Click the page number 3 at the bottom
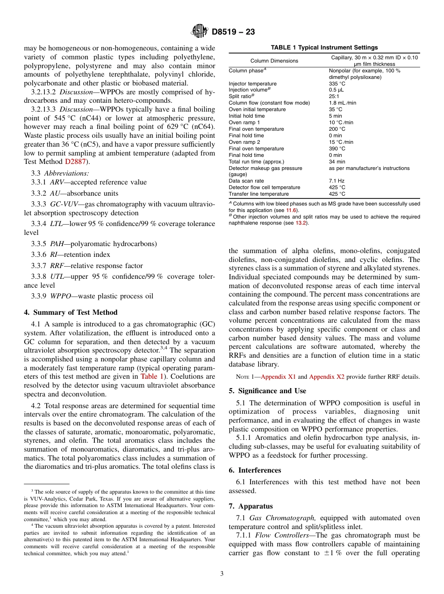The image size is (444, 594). point(222,573)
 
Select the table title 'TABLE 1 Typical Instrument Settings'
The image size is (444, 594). point(324,48)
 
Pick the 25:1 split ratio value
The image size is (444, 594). point(334,97)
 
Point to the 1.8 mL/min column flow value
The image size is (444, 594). point(342,103)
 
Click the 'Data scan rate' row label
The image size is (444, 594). point(246,181)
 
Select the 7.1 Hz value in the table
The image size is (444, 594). point(336,181)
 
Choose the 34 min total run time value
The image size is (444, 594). point(337,162)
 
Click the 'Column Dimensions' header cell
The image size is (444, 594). point(274,61)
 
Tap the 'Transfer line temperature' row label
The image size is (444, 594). point(258,194)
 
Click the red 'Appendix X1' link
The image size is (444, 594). point(278,377)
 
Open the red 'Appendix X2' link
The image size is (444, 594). point(327,377)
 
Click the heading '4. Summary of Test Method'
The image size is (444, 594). point(71,312)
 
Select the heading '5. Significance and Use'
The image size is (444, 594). point(267,391)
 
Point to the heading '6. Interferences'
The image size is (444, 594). point(255,470)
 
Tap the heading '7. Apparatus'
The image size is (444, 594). point(251,506)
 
